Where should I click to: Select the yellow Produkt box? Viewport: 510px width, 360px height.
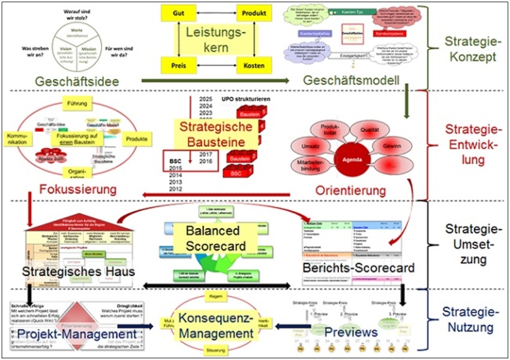point(254,12)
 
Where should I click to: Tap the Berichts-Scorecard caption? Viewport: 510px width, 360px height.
point(350,268)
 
